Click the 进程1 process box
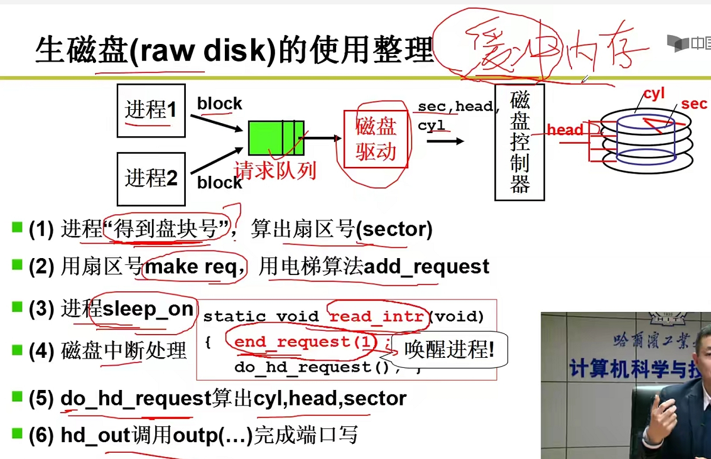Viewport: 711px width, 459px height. coord(151,111)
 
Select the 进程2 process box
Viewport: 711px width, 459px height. coord(151,178)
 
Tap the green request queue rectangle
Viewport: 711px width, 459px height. coord(276,138)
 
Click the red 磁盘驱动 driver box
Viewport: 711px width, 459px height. coord(376,139)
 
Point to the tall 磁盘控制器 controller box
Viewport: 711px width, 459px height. coord(519,143)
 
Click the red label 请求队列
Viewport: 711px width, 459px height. coord(275,170)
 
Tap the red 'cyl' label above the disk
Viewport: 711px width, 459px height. coord(654,94)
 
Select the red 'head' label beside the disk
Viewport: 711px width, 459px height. coord(565,130)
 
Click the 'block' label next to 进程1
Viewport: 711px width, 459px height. coord(219,104)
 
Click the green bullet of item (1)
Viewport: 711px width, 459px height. coord(17,227)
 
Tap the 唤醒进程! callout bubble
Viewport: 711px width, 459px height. coord(448,349)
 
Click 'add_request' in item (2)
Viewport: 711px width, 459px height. coord(426,267)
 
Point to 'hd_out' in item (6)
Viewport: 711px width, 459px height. coord(95,435)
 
